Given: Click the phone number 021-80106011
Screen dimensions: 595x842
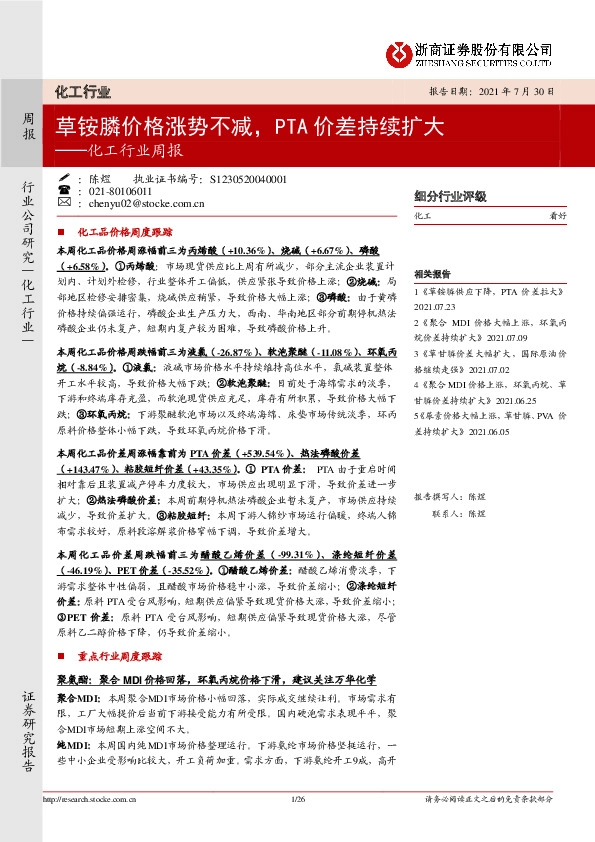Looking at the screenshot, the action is click(124, 191).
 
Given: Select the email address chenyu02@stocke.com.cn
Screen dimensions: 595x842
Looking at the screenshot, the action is click(147, 204).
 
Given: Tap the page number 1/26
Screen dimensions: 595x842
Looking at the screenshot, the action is click(297, 798).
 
